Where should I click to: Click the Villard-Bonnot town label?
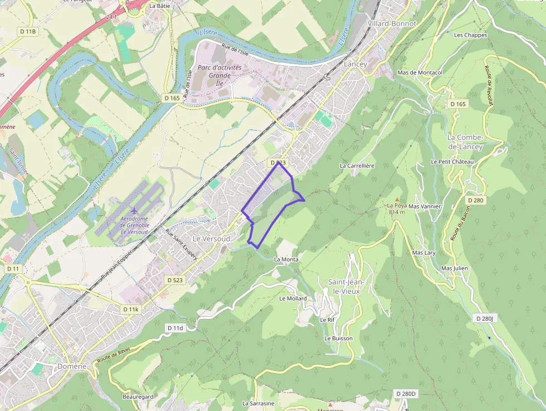click(x=392, y=24)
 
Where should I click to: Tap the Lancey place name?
click(x=355, y=64)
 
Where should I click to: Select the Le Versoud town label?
click(x=211, y=239)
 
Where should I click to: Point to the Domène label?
click(x=72, y=366)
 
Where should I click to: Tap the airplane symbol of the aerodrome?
click(x=134, y=211)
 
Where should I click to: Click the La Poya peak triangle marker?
click(x=397, y=199)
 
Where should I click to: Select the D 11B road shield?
click(x=27, y=32)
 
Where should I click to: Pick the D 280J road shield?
click(x=485, y=318)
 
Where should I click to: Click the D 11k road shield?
click(x=130, y=309)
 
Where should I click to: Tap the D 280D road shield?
click(x=406, y=394)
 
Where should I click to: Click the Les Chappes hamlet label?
click(x=470, y=35)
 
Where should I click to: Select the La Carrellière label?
click(x=357, y=166)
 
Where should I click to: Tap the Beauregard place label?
click(x=138, y=397)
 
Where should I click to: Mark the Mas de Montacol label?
click(x=420, y=73)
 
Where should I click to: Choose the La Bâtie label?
click(x=160, y=6)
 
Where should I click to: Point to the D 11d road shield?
click(x=175, y=328)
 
